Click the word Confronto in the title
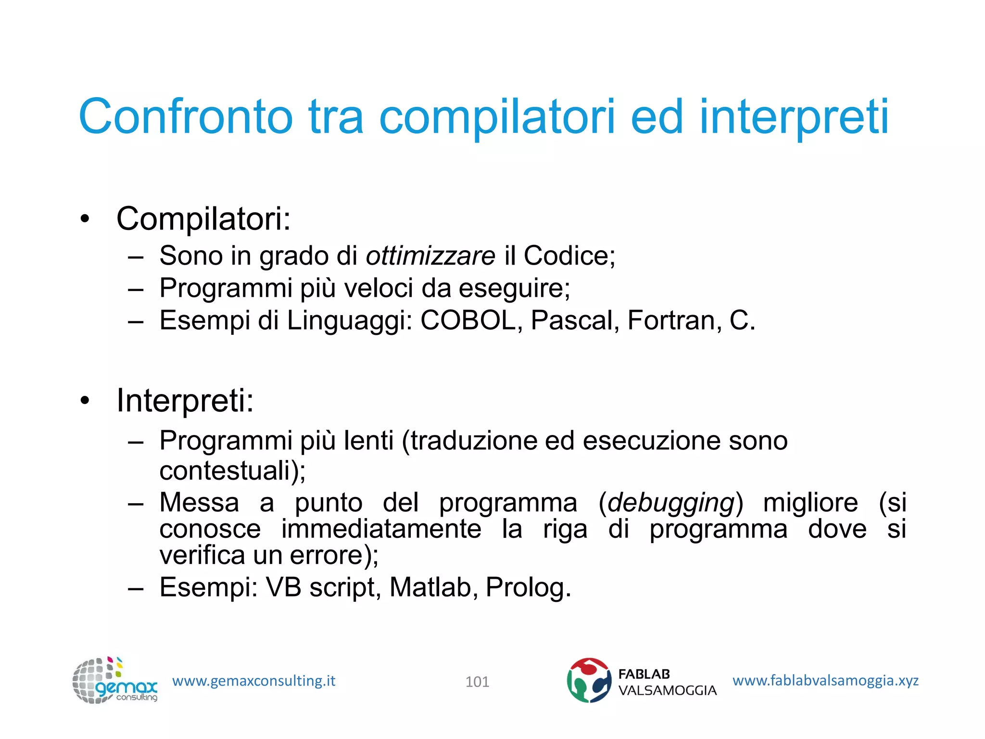186,117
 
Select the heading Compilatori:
203,219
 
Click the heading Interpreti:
185,401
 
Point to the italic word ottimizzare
430,255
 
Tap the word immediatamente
381,529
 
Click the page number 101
477,682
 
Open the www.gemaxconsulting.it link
253,681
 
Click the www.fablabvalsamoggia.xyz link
825,680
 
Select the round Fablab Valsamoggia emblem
589,680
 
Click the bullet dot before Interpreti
85,401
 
